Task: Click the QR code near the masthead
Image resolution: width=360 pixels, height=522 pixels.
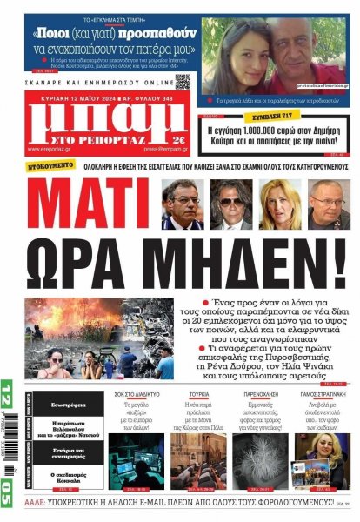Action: tap(183, 82)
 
